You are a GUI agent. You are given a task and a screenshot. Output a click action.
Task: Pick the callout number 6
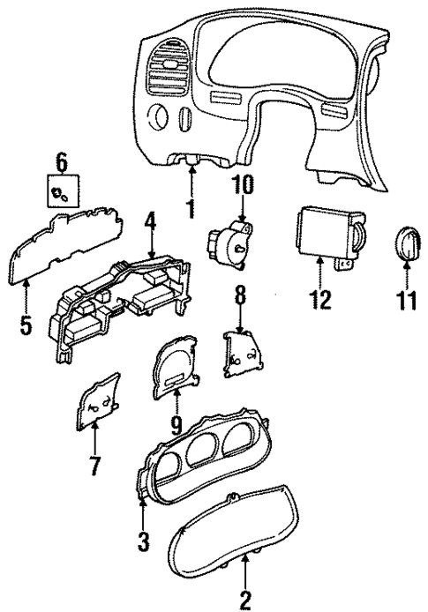(62, 161)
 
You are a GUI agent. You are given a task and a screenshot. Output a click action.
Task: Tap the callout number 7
(94, 464)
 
